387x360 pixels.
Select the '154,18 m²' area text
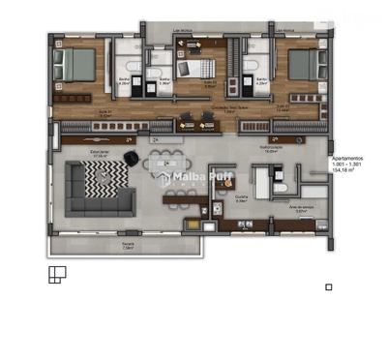click(x=346, y=171)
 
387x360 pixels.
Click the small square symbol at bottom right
click(x=329, y=286)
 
